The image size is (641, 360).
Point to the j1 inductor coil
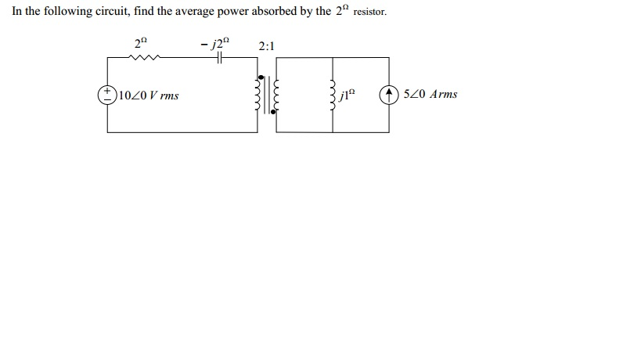[x=333, y=95]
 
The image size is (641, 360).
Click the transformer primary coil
[x=258, y=95]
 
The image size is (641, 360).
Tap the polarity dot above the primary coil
[x=261, y=77]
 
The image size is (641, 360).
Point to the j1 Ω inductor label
[x=348, y=95]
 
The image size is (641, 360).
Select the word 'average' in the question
[x=205, y=13]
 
